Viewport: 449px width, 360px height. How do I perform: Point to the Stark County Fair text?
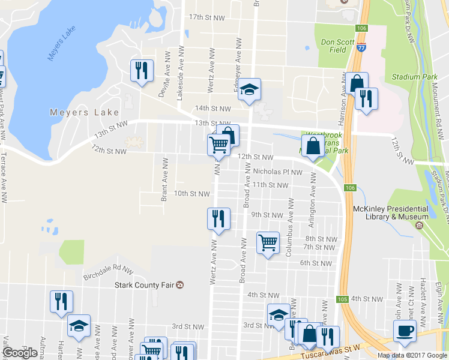[144, 285]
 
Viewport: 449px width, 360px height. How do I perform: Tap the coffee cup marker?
[404, 332]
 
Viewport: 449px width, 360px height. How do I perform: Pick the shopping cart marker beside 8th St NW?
[268, 243]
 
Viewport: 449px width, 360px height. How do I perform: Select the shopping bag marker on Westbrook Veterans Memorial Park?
[313, 146]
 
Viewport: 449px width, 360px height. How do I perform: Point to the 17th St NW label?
[206, 18]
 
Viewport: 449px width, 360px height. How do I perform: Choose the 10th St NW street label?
[191, 193]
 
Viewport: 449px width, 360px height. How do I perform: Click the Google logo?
[20, 352]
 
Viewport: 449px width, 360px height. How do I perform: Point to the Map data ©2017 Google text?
[412, 355]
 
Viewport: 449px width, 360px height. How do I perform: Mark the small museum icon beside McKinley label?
[418, 226]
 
